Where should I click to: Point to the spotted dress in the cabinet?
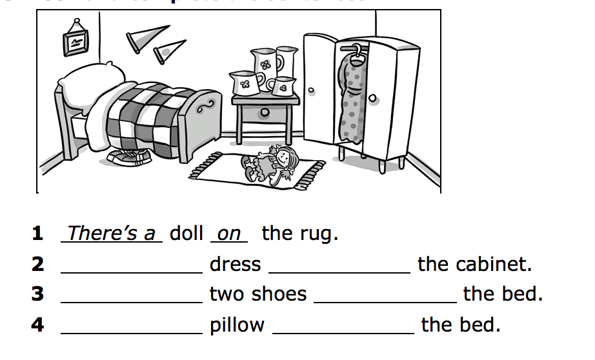click(x=351, y=97)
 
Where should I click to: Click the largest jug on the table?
click(x=266, y=63)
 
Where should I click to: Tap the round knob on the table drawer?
click(x=265, y=113)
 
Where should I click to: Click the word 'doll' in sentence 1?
click(x=186, y=234)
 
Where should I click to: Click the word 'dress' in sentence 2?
click(x=235, y=265)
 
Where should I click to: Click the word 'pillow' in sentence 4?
click(x=237, y=325)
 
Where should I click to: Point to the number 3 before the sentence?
click(x=38, y=294)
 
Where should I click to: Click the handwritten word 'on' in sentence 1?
click(x=229, y=234)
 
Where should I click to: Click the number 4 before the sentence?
click(x=38, y=325)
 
